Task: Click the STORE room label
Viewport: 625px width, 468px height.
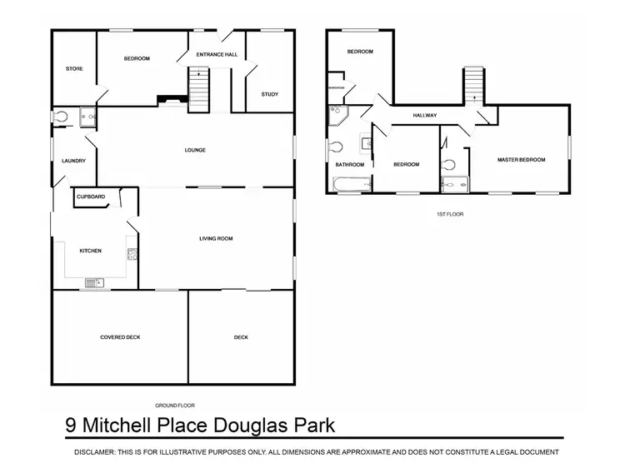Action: pos(74,68)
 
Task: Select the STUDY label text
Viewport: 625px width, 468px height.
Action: pos(269,94)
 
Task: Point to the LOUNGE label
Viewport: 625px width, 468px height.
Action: pos(195,150)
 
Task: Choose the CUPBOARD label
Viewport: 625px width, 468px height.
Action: pos(91,197)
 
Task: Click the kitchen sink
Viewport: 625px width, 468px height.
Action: pos(92,281)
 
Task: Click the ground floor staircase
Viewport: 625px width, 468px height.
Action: pos(199,87)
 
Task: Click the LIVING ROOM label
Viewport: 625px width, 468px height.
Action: pos(215,239)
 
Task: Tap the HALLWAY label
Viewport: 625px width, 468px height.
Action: pos(425,116)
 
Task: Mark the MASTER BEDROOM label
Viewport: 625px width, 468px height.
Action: pos(521,159)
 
